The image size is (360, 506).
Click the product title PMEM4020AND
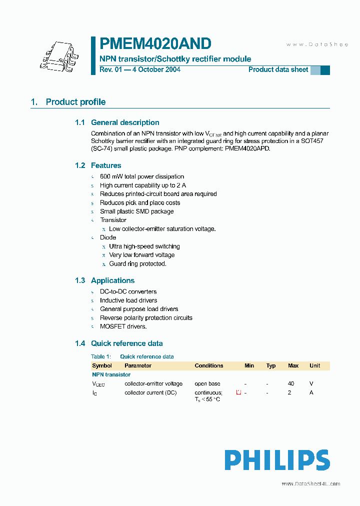pos(155,43)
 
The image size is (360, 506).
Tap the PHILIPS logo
pos(276,460)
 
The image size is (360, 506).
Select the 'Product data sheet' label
pos(278,69)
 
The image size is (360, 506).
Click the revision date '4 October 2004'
pos(155,69)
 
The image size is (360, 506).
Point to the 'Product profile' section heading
pos(75,102)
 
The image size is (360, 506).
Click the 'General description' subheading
pos(125,122)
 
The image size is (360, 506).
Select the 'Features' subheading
pos(106,165)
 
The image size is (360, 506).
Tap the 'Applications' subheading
pos(112,280)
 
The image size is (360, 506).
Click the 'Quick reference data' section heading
pos(126,343)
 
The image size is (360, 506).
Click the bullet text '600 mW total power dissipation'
pos(142,176)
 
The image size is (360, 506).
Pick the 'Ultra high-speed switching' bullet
pos(144,246)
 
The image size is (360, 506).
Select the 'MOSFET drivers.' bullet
pos(123,326)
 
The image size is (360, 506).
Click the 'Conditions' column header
pos(209,365)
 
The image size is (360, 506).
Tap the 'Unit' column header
pos(314,365)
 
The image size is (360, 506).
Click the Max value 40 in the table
pos(291,383)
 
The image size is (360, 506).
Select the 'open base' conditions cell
pos(207,383)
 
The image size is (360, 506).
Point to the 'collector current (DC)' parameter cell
pos(150,392)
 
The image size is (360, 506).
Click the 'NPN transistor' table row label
pos(111,374)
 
